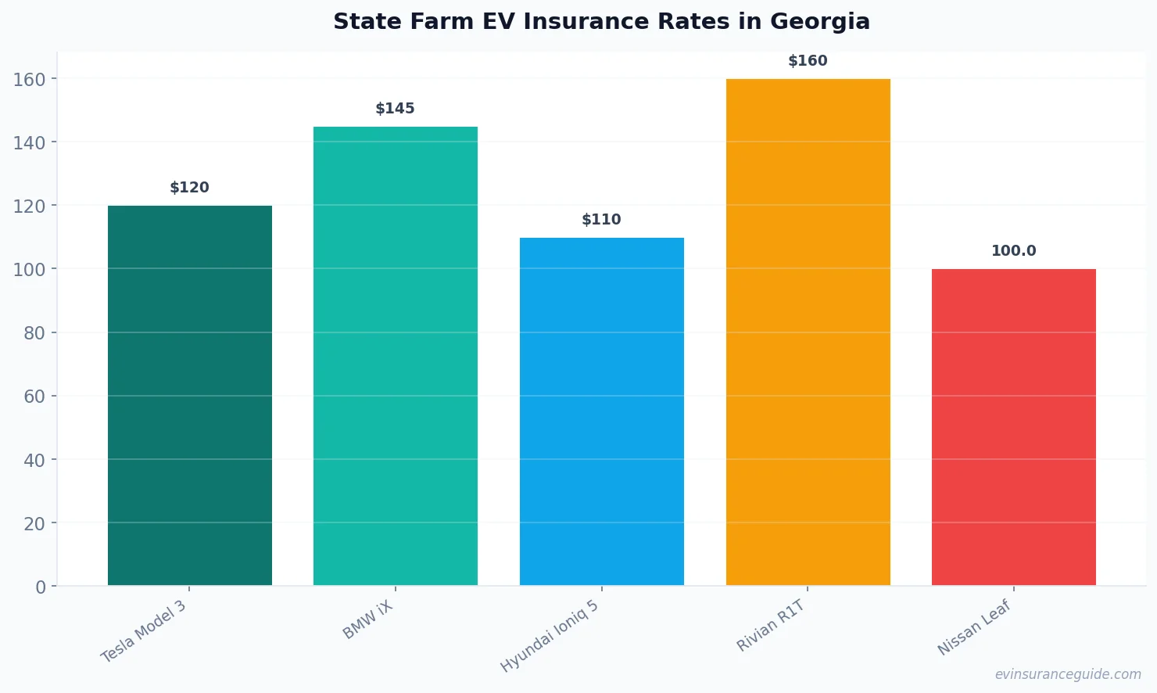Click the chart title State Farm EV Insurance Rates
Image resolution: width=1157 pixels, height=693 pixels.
[601, 22]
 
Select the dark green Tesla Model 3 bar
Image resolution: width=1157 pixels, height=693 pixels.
[190, 395]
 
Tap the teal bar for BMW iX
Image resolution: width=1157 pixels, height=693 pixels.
[396, 356]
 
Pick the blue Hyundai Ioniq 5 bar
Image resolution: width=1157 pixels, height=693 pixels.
[602, 411]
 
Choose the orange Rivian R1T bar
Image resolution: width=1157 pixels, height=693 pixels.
[808, 332]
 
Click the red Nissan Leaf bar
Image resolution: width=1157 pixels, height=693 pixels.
[1014, 427]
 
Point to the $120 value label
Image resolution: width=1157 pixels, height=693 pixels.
[190, 188]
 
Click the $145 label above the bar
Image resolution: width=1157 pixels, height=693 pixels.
[396, 109]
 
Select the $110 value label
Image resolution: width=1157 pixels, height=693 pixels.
[602, 220]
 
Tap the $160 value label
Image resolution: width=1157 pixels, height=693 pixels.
[808, 61]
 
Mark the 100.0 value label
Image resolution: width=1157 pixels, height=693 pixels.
[1014, 251]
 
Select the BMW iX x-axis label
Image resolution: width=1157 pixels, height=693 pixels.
[368, 620]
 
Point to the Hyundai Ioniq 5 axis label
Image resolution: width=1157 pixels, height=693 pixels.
[550, 637]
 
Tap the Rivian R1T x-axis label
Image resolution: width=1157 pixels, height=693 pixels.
[771, 626]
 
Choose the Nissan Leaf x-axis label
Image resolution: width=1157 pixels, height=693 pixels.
[975, 627]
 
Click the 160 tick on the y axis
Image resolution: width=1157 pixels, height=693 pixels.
[30, 79]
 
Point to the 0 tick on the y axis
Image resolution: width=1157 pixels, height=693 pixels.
[41, 587]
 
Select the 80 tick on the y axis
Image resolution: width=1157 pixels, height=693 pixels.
[34, 333]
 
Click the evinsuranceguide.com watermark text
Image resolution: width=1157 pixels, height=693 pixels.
[1068, 674]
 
